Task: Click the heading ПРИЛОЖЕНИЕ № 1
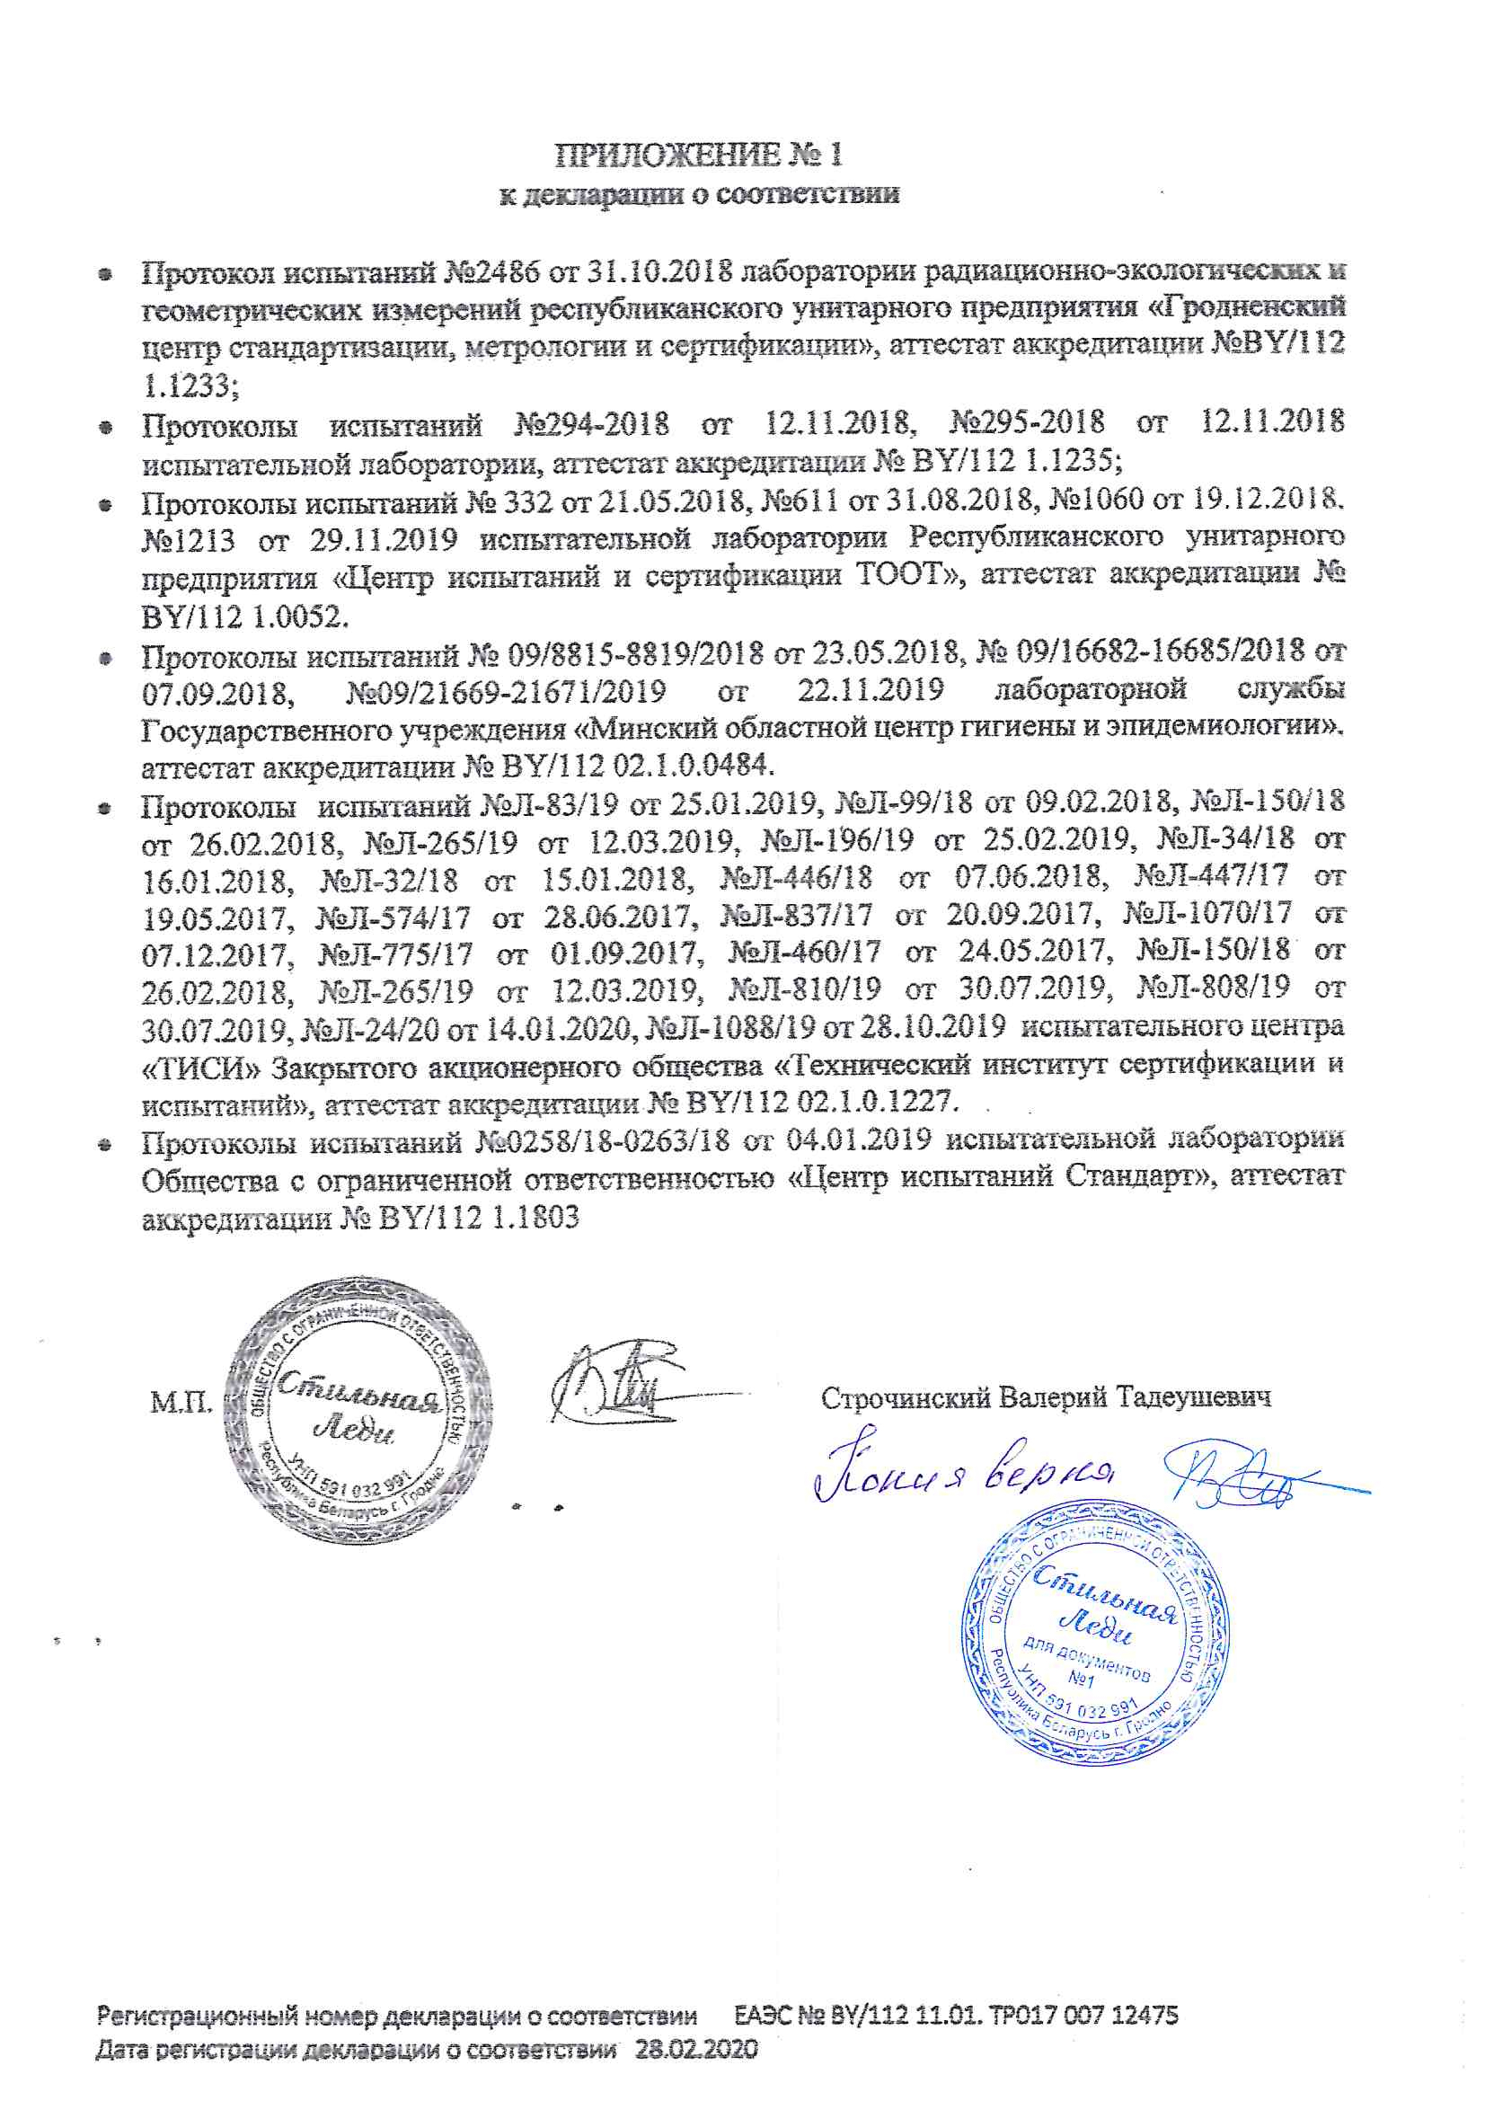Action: [x=699, y=155]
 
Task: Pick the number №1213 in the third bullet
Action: [x=188, y=539]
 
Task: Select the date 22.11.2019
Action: [x=871, y=690]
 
